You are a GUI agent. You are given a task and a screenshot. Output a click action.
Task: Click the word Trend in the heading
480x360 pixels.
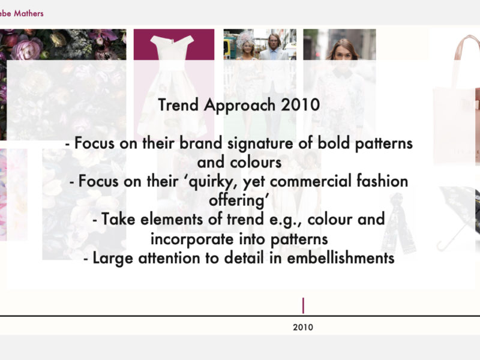[x=178, y=104]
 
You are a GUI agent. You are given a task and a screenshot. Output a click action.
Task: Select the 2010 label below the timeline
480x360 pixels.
[x=303, y=327]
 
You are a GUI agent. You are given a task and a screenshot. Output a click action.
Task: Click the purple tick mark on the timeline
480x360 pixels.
[x=303, y=305]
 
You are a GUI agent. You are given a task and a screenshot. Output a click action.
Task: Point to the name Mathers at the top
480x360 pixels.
[x=28, y=13]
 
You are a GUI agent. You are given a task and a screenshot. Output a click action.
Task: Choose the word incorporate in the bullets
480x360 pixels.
[x=192, y=239]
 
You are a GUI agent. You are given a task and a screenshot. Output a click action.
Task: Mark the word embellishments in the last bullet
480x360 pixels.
[x=340, y=258]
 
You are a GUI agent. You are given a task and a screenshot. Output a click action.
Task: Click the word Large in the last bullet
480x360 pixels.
[x=113, y=259]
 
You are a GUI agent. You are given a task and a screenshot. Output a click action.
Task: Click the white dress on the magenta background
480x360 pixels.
[x=172, y=86]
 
